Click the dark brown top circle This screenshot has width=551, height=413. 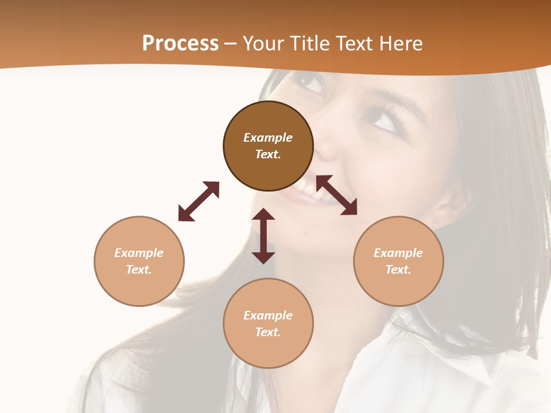[268, 146]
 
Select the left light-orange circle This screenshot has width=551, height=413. [139, 261]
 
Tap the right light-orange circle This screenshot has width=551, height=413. [398, 261]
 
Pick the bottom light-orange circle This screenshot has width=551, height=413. [268, 324]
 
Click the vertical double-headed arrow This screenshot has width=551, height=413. [263, 236]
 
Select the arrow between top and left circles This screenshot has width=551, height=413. [199, 201]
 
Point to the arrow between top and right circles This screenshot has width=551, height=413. [336, 195]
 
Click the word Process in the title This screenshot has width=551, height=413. [180, 44]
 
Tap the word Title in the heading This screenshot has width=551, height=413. [309, 44]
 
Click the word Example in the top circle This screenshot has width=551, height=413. [268, 138]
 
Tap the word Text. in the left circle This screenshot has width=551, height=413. [139, 270]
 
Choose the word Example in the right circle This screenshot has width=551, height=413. [398, 253]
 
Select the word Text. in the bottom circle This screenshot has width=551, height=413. [268, 332]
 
